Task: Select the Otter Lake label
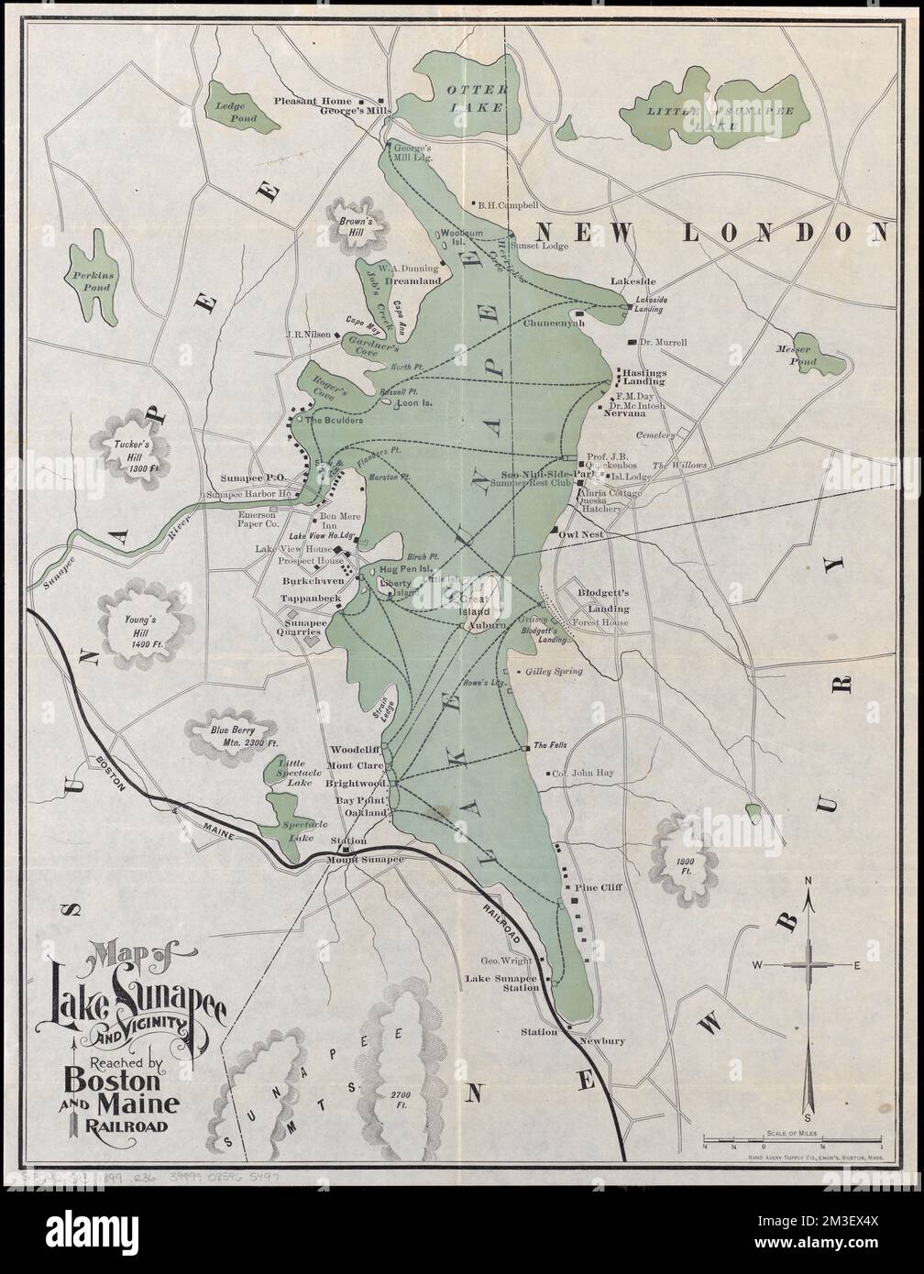coord(475,97)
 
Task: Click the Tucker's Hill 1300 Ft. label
coord(126,451)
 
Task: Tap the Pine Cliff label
coord(599,888)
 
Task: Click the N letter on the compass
coord(808,882)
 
